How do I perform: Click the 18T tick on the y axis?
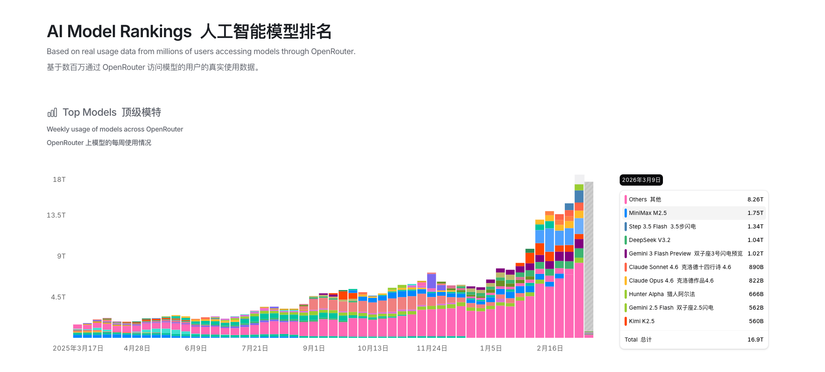coord(59,180)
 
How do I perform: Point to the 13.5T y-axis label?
coord(56,215)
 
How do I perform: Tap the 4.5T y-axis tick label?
coord(58,297)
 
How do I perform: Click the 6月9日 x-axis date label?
coord(196,348)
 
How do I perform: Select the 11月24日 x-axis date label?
coord(432,348)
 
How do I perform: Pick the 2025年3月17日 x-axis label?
coord(78,348)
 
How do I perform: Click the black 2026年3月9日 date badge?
coord(641,180)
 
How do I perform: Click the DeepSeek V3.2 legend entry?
coord(649,240)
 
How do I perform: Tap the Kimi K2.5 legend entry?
coord(641,321)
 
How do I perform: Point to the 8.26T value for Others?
coord(755,200)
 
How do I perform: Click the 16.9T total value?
coord(755,340)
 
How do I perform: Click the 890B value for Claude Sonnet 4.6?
coord(756,267)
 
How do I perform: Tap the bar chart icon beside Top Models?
coord(52,112)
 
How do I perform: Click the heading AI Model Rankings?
coord(119,31)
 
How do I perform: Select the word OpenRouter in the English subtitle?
coord(332,51)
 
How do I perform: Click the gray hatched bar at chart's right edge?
coord(589,256)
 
